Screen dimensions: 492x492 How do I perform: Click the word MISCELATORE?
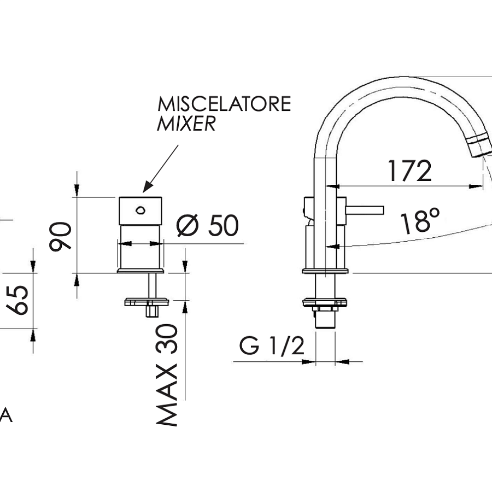click(x=224, y=104)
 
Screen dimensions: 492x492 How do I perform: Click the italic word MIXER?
click(x=186, y=125)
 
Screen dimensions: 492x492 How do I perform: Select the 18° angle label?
click(x=420, y=222)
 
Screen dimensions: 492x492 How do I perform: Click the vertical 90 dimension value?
click(x=61, y=236)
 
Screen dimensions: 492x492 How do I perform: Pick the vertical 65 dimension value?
click(x=20, y=300)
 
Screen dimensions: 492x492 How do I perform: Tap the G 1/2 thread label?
click(x=271, y=346)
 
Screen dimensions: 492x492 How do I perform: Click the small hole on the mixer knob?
click(x=140, y=209)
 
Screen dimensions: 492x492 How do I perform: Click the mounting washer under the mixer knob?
click(x=147, y=301)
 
